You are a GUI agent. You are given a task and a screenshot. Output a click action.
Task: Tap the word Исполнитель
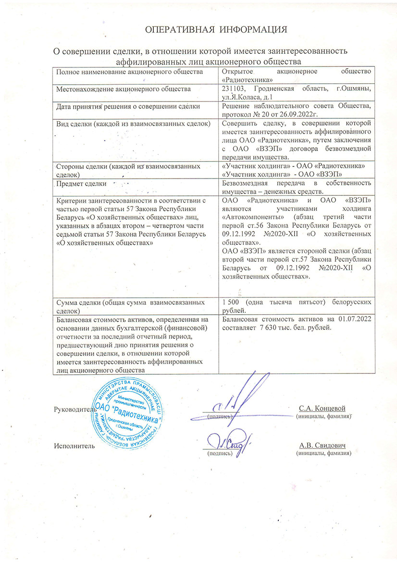tap(74, 446)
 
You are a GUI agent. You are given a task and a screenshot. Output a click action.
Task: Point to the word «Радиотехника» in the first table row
tap(248, 79)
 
